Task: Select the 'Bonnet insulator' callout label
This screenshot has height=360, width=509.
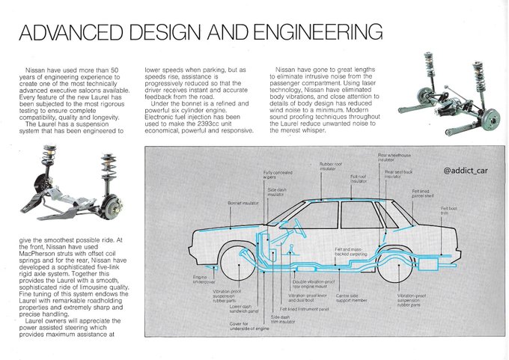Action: (243, 203)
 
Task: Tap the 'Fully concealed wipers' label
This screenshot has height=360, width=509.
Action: (277, 175)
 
